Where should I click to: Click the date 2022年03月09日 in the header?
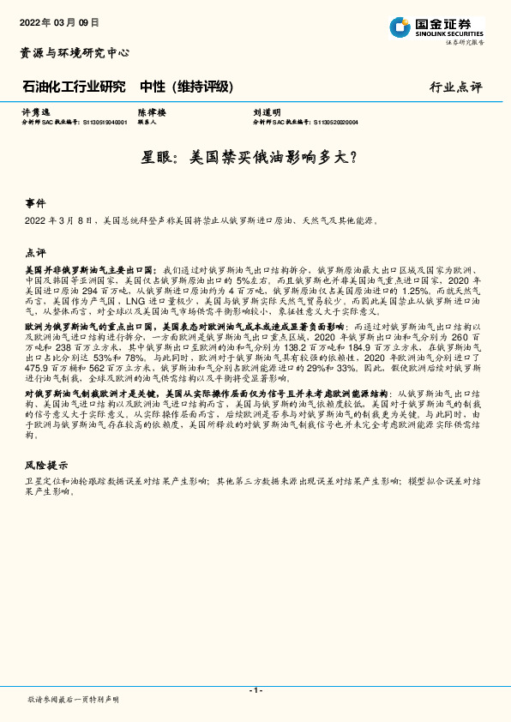(58, 23)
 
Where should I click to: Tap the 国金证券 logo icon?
(400, 27)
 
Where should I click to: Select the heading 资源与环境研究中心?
(75, 53)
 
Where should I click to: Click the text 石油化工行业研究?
(73, 87)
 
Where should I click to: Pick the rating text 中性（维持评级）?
(186, 87)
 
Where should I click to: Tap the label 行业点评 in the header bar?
(456, 87)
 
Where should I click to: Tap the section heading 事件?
(35, 204)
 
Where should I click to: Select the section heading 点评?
(35, 254)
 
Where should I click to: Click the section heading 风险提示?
(45, 465)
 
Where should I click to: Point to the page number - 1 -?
(255, 689)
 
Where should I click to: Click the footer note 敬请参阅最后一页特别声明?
(73, 700)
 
